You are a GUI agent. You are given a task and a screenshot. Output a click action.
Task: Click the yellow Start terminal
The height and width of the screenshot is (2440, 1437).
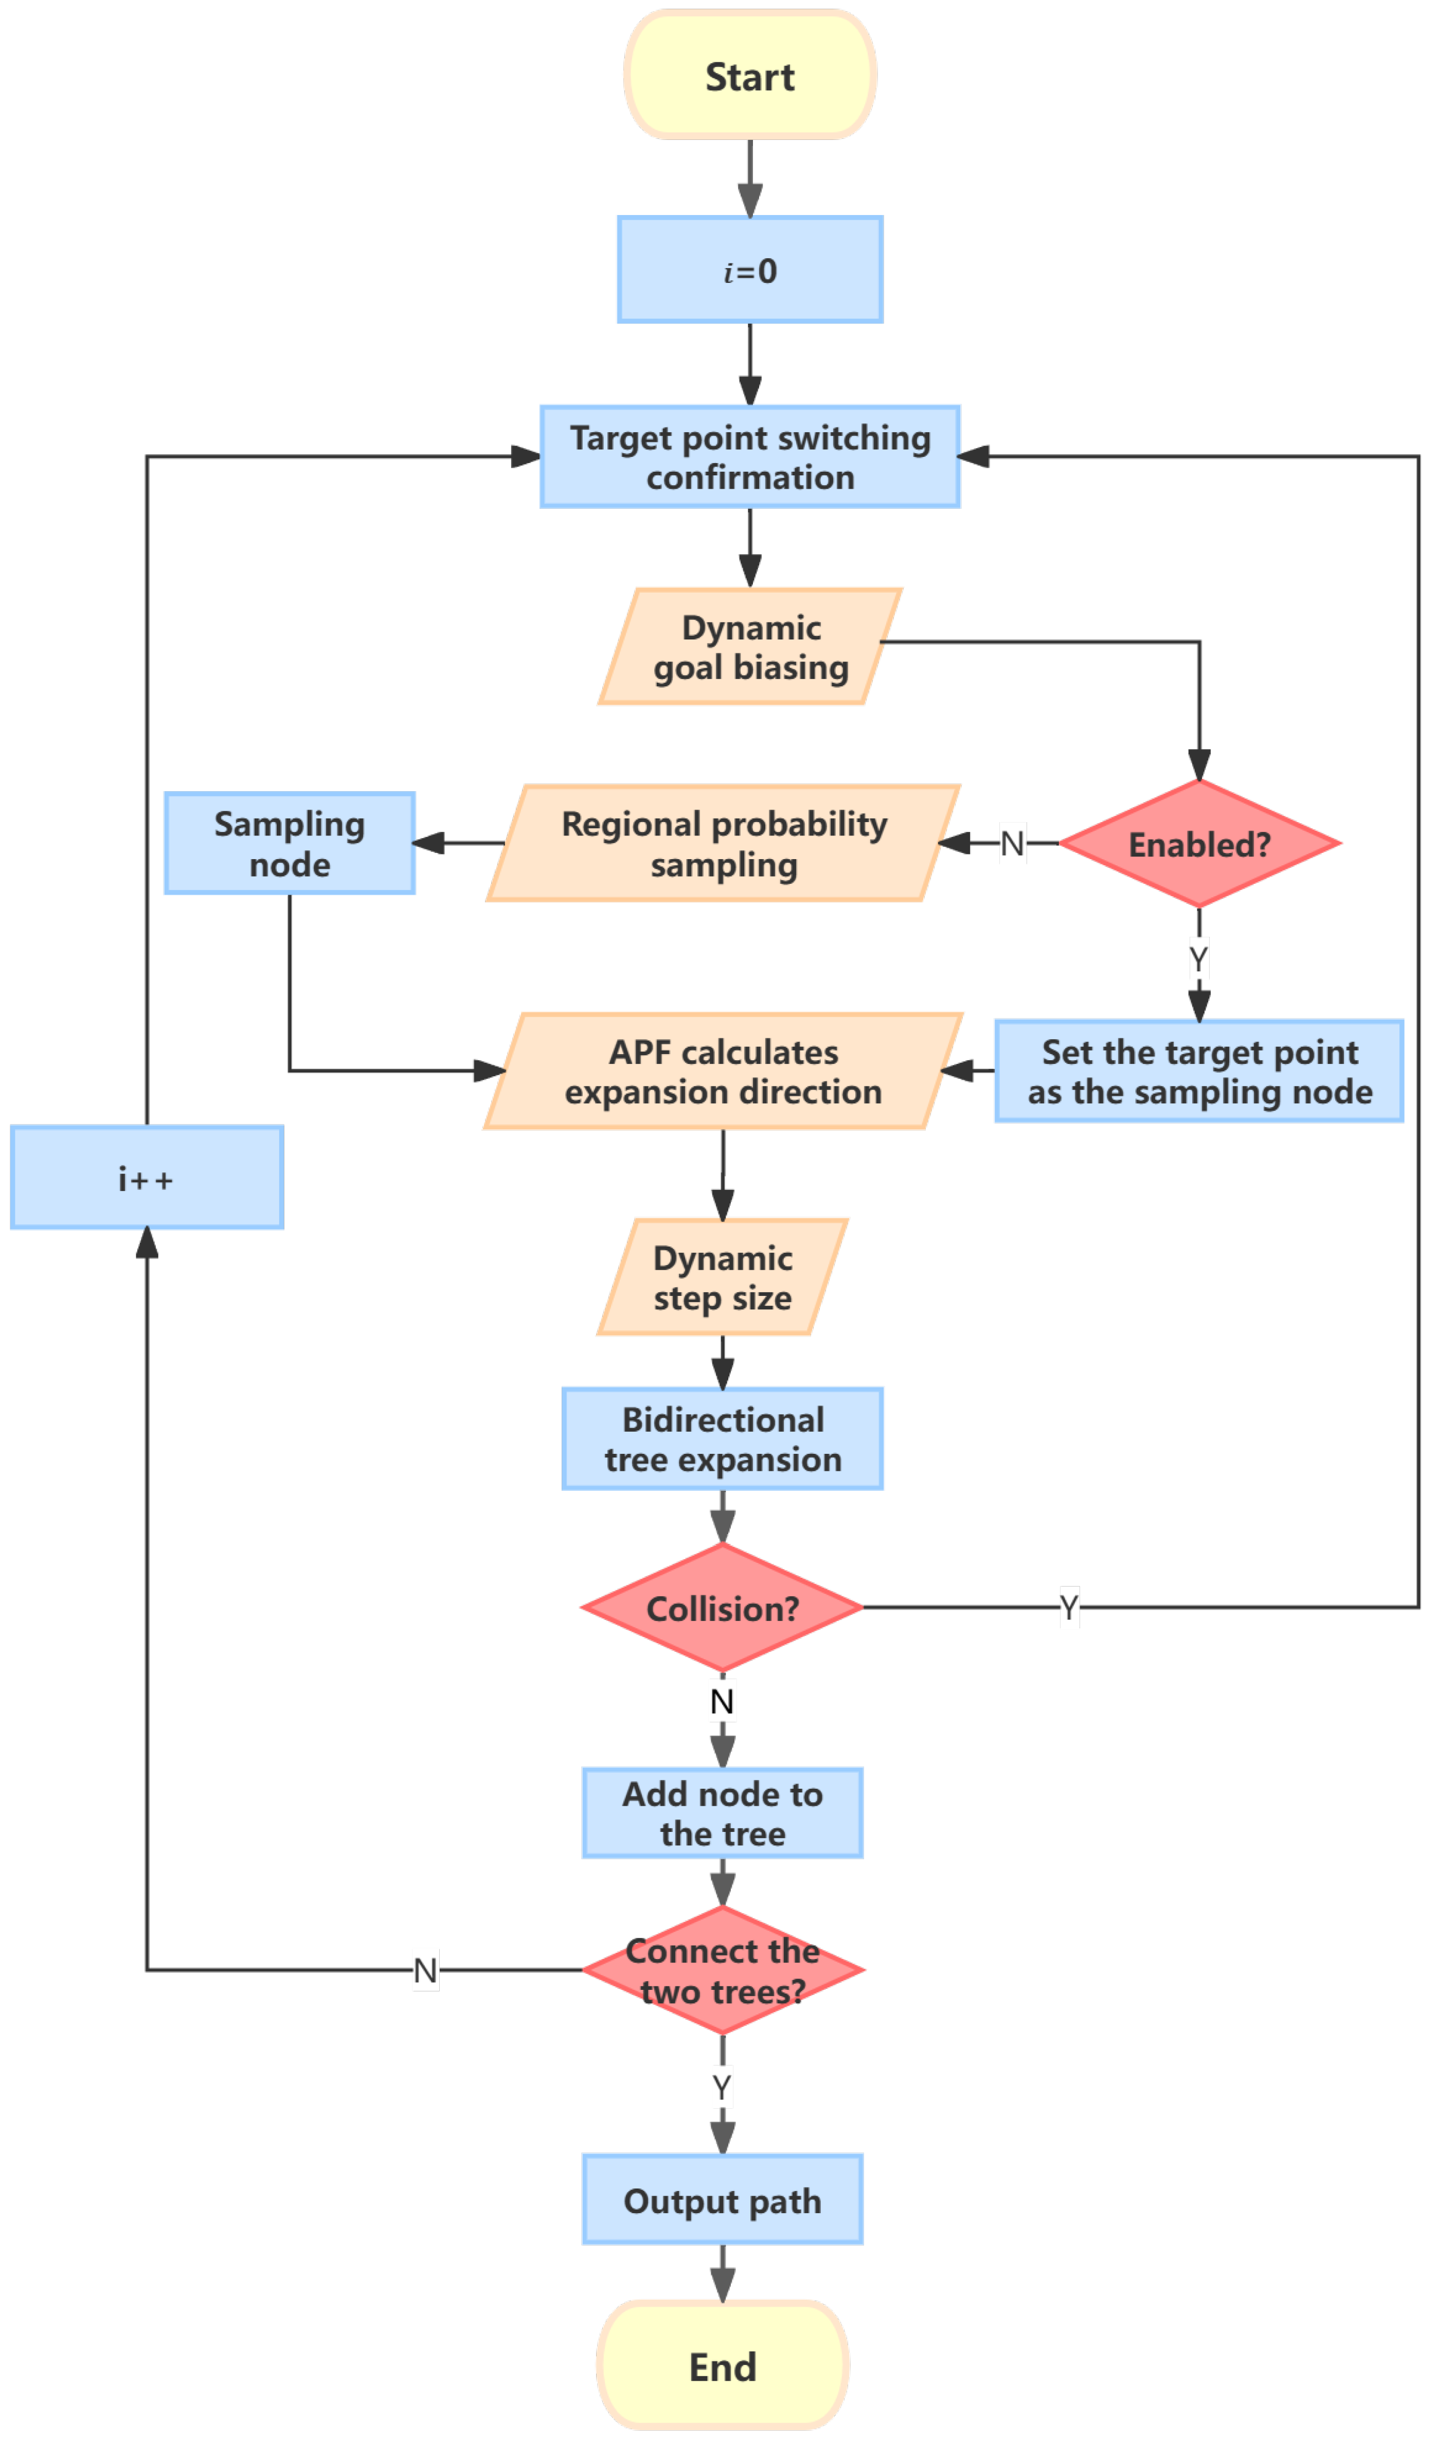coord(750,76)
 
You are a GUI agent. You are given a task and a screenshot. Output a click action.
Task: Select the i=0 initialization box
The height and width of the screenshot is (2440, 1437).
coord(750,269)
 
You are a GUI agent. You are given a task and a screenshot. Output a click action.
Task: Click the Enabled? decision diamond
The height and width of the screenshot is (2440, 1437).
coord(1200,843)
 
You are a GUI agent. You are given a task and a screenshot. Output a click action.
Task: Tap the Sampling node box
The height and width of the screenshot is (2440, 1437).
coord(290,843)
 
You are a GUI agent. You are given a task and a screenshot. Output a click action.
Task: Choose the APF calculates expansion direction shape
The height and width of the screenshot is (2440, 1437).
coord(723,1071)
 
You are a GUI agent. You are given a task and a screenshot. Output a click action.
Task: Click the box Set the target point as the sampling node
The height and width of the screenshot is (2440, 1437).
coord(1200,1071)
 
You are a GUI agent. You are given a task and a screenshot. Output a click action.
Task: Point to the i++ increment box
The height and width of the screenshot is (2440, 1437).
coord(147,1178)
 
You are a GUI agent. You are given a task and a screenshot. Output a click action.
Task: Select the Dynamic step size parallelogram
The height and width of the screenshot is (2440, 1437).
coord(723,1277)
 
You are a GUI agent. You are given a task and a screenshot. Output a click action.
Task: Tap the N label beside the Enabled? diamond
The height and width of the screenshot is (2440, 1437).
coord(1012,843)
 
